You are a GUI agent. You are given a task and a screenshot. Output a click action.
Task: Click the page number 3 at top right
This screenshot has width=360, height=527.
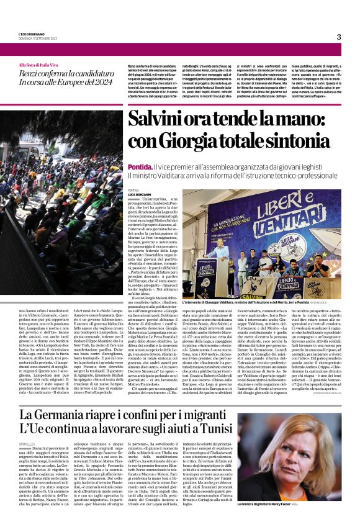[x=339, y=37]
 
